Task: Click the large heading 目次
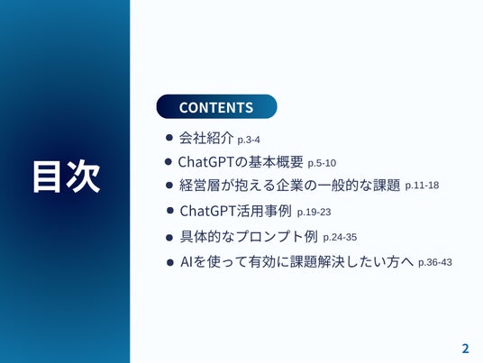click(67, 177)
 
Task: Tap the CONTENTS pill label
click(216, 106)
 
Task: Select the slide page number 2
click(465, 349)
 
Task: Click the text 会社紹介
click(206, 138)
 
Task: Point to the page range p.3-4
click(249, 140)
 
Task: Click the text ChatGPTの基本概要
click(241, 162)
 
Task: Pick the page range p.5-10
click(322, 163)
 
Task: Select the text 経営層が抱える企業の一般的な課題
click(289, 185)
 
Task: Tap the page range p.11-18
click(422, 186)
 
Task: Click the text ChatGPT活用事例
click(236, 211)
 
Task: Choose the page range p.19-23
click(314, 213)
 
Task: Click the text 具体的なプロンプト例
click(249, 237)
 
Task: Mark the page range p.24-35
click(340, 238)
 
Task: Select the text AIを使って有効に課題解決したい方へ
click(297, 262)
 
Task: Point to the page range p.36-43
click(435, 263)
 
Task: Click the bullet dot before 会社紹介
click(169, 137)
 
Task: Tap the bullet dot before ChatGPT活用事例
click(170, 211)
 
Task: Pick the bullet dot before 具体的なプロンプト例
click(169, 238)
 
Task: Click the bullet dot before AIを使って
click(170, 263)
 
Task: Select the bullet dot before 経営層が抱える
click(169, 185)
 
